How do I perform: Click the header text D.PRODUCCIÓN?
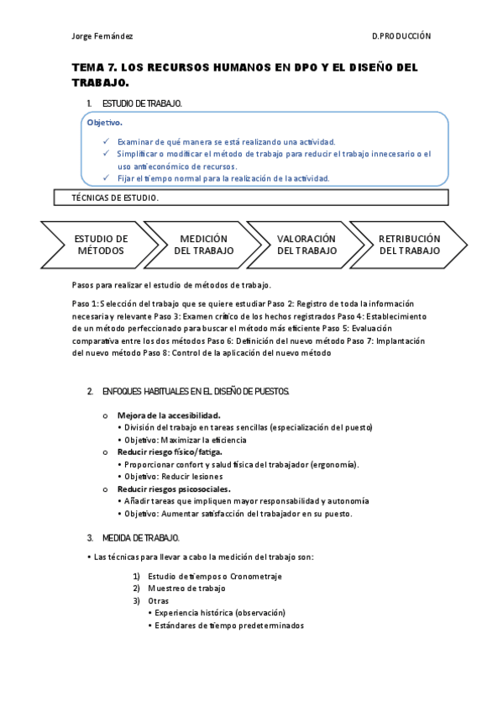401,36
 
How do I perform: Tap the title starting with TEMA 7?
244,75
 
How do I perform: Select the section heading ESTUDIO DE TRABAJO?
142,103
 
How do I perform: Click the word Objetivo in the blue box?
105,123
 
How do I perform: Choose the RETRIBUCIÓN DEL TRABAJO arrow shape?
409,245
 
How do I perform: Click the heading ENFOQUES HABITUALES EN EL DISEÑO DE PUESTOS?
196,392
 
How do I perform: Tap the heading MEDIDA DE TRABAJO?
140,537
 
